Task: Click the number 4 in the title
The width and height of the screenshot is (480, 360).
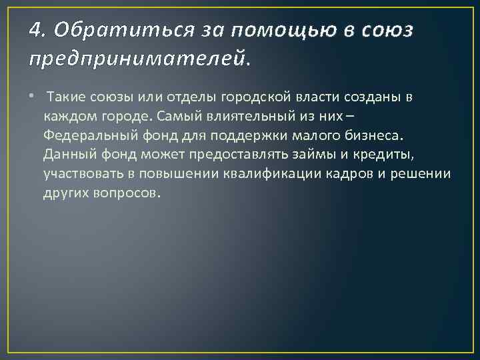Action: (36, 29)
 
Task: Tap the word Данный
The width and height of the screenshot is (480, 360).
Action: (67, 155)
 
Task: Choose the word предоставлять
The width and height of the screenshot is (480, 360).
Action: (216, 155)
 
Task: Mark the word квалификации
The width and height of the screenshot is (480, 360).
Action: (283, 175)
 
